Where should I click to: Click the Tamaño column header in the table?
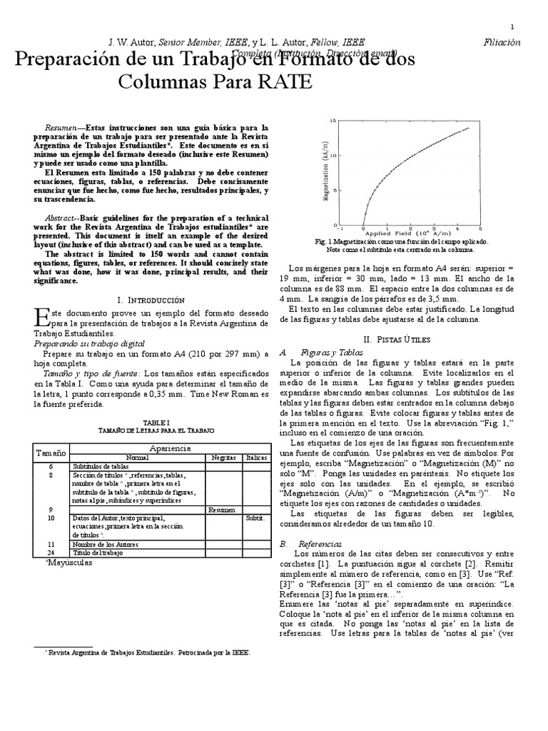coord(51,453)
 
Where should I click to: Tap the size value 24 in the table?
coord(51,553)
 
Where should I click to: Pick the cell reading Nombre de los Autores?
coord(105,545)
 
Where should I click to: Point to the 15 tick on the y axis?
coord(333,121)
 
